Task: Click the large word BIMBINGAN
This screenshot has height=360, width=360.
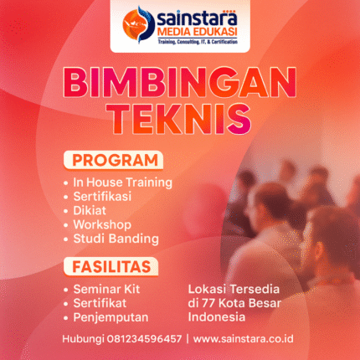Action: (180, 84)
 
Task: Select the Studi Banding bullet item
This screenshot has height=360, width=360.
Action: (115, 239)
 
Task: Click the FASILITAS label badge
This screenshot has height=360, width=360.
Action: (110, 267)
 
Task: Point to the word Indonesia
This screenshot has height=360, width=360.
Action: (216, 317)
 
